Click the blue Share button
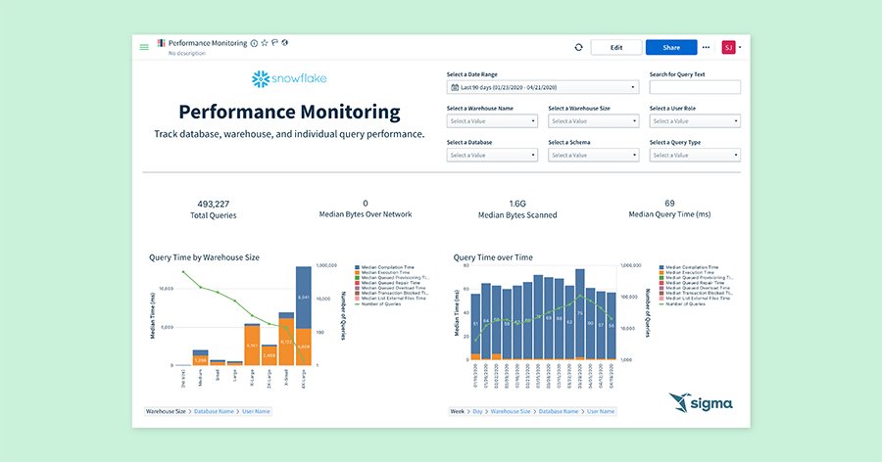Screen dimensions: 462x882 point(671,47)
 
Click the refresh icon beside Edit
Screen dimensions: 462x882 point(579,47)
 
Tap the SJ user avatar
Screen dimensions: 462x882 point(728,47)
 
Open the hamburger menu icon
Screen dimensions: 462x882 point(144,47)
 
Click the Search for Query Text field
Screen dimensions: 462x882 point(694,87)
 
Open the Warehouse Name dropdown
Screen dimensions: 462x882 point(492,121)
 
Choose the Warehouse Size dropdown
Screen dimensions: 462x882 point(593,121)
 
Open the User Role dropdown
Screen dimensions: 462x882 point(694,121)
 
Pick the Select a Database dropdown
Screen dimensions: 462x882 point(492,155)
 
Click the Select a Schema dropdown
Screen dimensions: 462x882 point(593,155)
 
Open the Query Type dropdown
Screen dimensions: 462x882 point(694,155)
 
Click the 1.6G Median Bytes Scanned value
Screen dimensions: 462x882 point(517,204)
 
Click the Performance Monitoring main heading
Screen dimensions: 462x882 point(289,112)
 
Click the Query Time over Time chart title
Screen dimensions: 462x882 point(493,257)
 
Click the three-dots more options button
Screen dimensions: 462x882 point(706,47)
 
